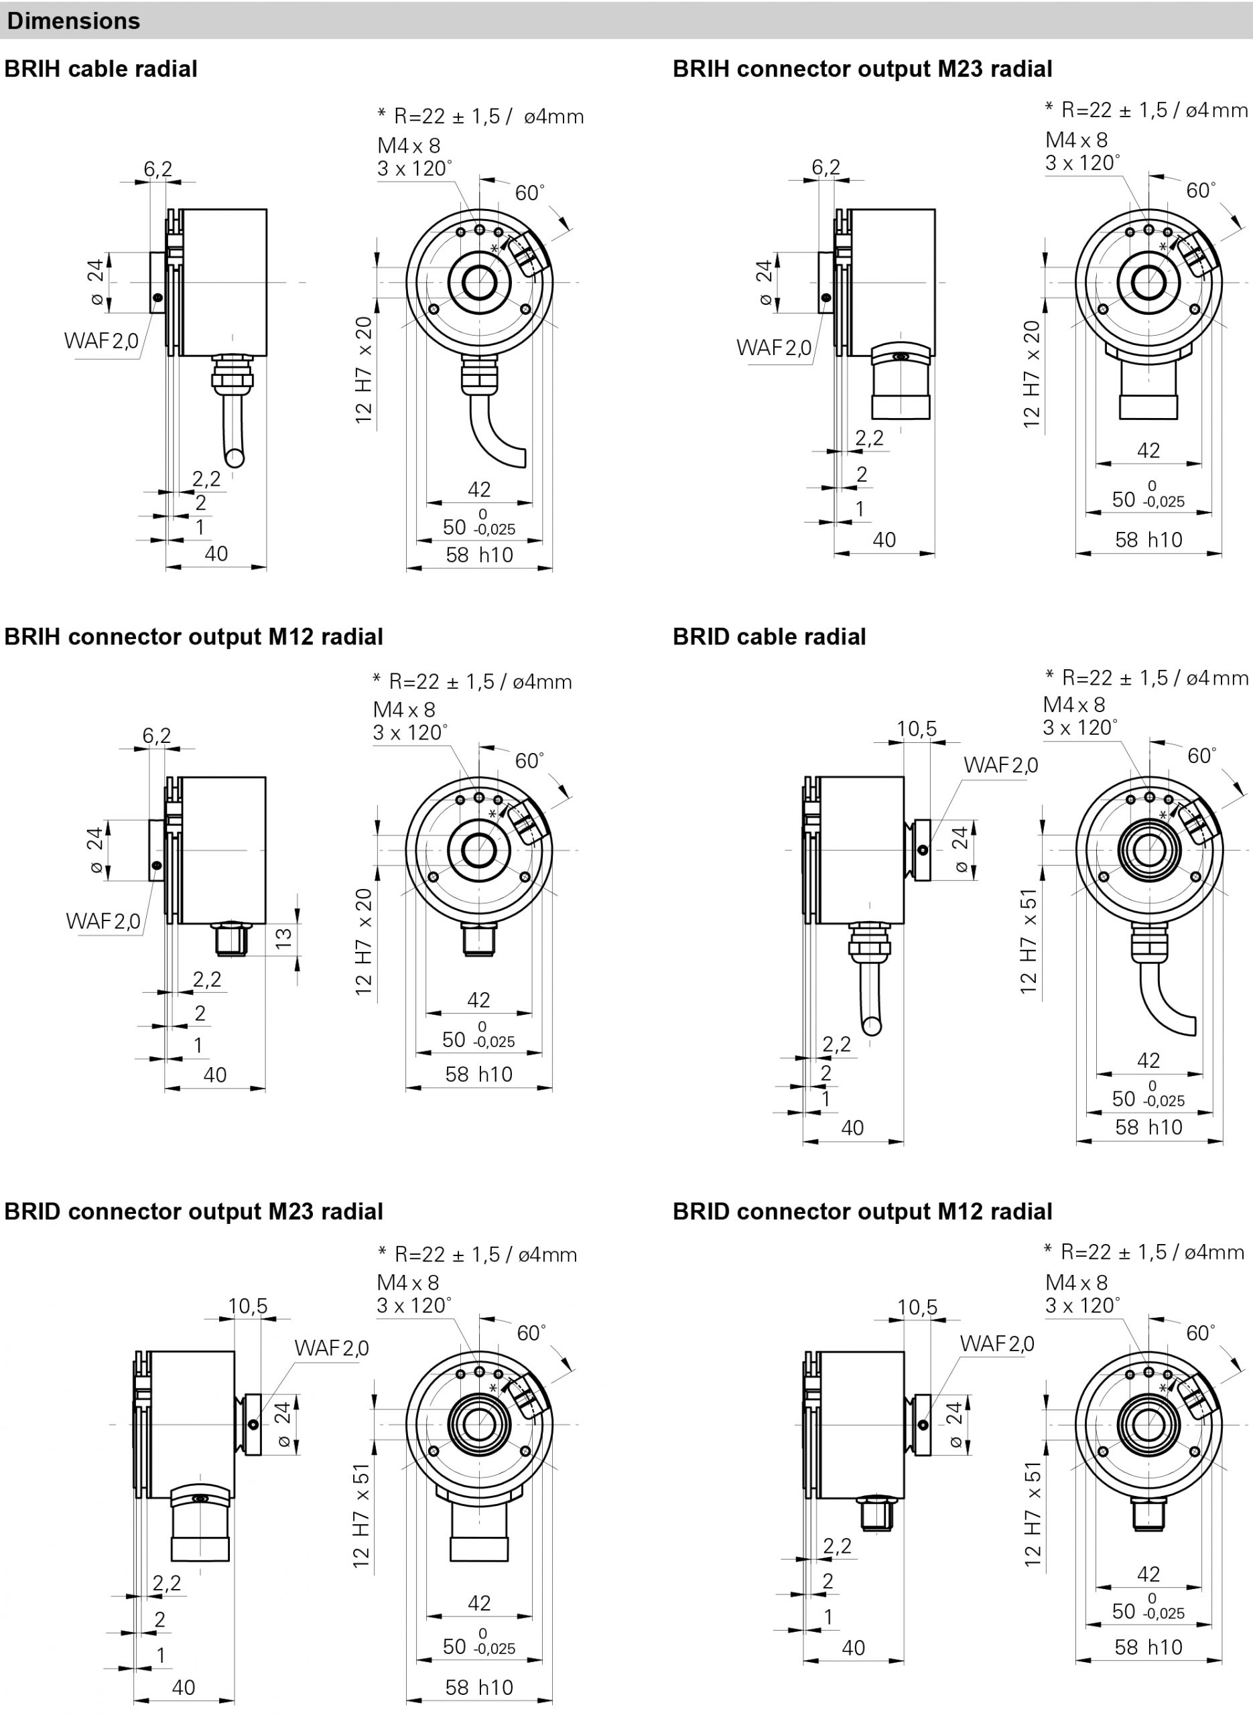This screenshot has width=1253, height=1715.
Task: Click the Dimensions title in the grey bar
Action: point(74,21)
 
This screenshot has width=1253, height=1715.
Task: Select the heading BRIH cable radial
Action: point(101,69)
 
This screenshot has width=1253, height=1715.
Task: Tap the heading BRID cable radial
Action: point(769,637)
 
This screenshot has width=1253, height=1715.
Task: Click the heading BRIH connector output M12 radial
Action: point(194,637)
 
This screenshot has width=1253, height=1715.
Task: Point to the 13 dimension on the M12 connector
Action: point(283,939)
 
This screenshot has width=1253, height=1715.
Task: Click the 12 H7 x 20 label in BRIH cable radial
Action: point(364,370)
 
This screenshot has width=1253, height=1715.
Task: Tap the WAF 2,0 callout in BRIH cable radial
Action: point(102,340)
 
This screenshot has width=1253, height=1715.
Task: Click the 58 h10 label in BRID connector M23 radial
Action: point(479,1687)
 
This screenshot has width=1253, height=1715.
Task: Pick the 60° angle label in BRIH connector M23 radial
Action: point(1201,190)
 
